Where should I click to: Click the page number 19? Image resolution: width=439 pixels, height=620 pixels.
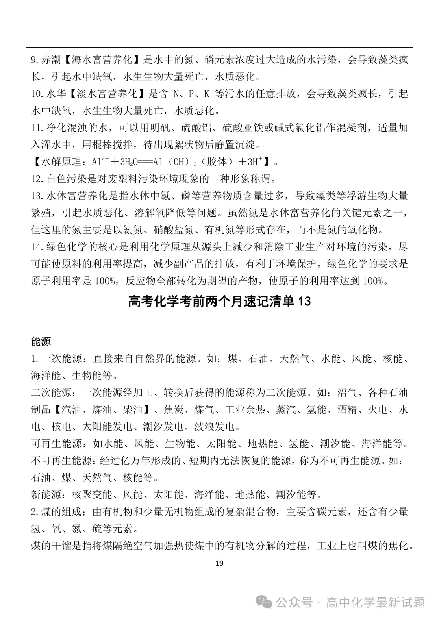click(219, 563)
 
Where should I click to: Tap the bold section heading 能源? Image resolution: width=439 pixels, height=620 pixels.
click(41, 341)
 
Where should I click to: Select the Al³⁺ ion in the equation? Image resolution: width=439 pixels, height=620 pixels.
click(98, 161)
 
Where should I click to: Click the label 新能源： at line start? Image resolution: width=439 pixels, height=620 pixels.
click(47, 495)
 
